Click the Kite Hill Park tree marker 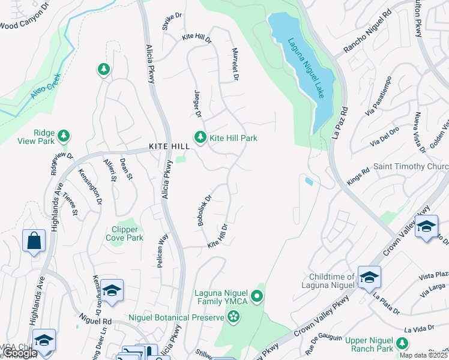200,137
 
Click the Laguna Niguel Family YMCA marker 258,295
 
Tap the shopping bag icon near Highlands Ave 34,241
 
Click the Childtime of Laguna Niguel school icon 369,276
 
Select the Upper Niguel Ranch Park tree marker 402,343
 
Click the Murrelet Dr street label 235,64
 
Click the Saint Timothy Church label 411,166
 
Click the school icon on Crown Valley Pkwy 426,227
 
